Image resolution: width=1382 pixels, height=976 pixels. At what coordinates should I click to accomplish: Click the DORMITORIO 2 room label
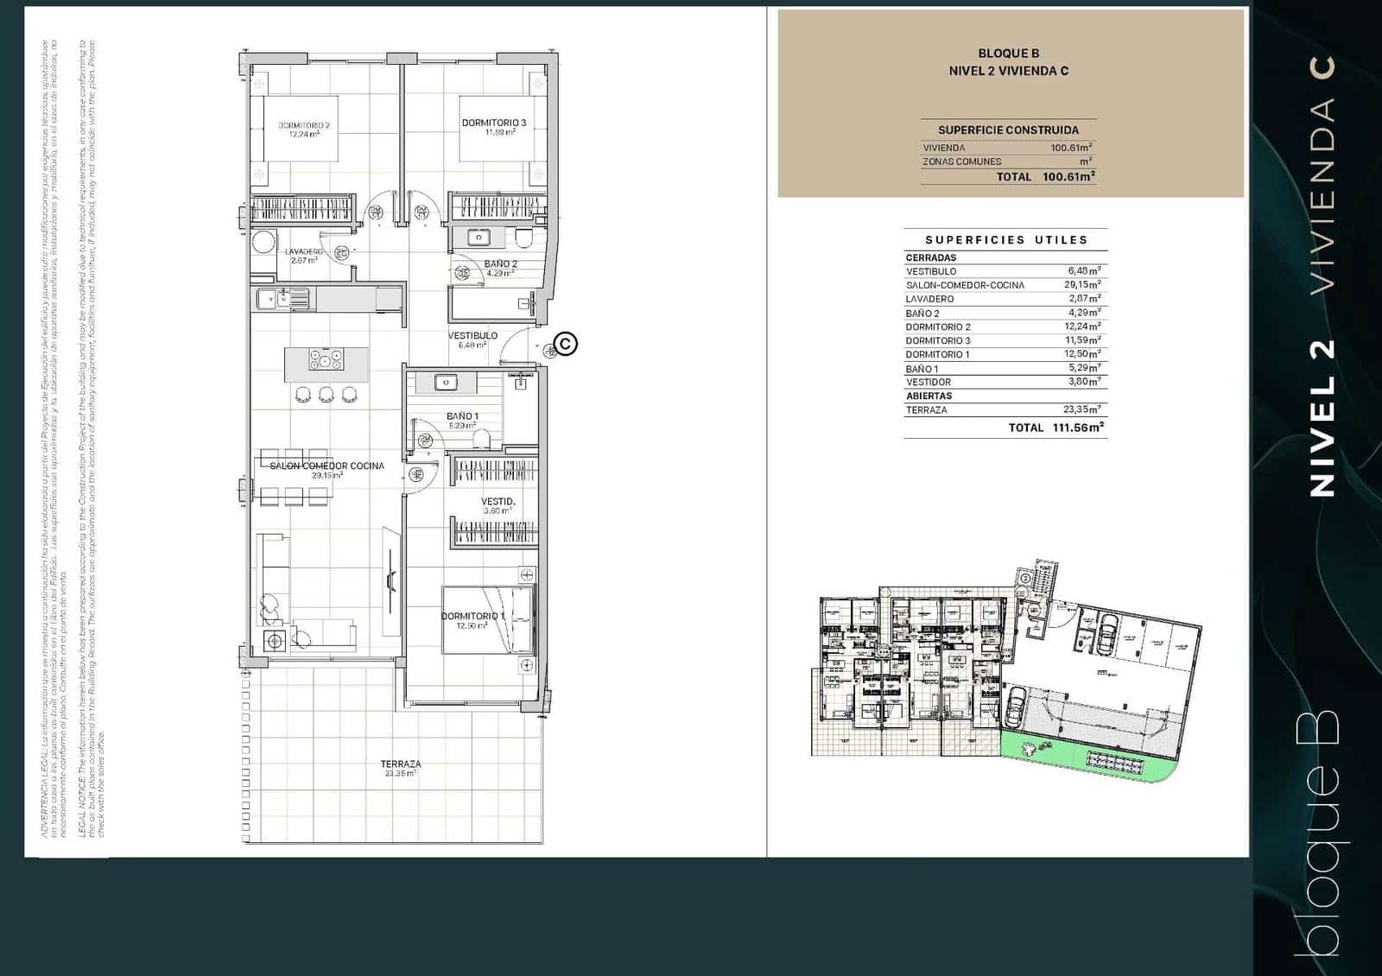coord(303,125)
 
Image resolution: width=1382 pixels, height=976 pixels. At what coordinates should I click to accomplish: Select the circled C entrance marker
coord(565,344)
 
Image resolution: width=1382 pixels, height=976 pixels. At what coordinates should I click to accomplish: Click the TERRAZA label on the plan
coord(401,764)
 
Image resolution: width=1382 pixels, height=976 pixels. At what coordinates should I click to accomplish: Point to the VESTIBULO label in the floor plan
coord(472,335)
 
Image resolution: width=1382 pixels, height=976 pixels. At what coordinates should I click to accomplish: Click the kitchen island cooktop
coord(326,359)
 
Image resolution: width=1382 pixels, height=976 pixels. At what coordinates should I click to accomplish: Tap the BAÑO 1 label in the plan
coord(462,416)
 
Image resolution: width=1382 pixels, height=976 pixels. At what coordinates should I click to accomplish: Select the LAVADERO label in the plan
coord(303,251)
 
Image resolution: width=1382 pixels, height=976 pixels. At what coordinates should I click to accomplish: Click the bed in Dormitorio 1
coord(488,619)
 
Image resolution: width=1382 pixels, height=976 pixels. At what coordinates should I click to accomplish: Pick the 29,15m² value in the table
coord(1083,284)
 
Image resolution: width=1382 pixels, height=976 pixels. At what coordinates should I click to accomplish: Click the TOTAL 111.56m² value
coord(1078,428)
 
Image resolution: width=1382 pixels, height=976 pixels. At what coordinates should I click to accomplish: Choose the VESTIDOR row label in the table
coord(928,382)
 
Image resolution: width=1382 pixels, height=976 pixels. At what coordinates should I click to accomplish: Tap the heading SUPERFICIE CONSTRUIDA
coord(1008,130)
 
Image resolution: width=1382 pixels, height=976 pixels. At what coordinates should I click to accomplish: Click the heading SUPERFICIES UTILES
coord(1006,240)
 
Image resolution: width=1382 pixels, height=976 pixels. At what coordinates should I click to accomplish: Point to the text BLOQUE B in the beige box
coord(1008,54)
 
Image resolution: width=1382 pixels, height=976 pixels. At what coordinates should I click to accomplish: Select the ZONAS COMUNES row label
coord(961,162)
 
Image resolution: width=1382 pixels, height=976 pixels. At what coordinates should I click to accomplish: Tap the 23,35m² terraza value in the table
coord(1082,409)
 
